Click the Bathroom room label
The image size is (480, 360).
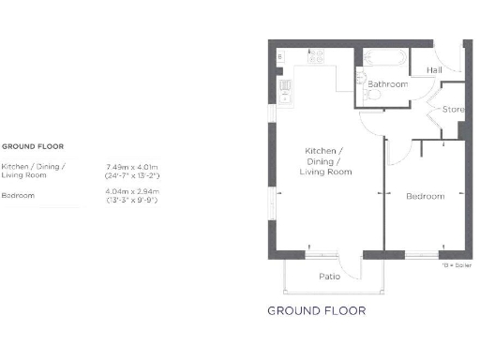(x=387, y=84)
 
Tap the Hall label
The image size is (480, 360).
(x=434, y=70)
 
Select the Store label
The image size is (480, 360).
(x=453, y=111)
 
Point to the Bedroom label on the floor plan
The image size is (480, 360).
(x=425, y=197)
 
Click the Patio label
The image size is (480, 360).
(x=329, y=277)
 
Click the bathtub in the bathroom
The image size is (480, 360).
(x=382, y=57)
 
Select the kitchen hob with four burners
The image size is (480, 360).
(x=316, y=56)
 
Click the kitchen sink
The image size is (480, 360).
(x=285, y=89)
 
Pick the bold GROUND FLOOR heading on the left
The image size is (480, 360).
(x=31, y=147)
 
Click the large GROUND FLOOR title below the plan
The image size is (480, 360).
(x=316, y=310)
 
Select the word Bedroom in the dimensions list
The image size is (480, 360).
(x=18, y=196)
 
